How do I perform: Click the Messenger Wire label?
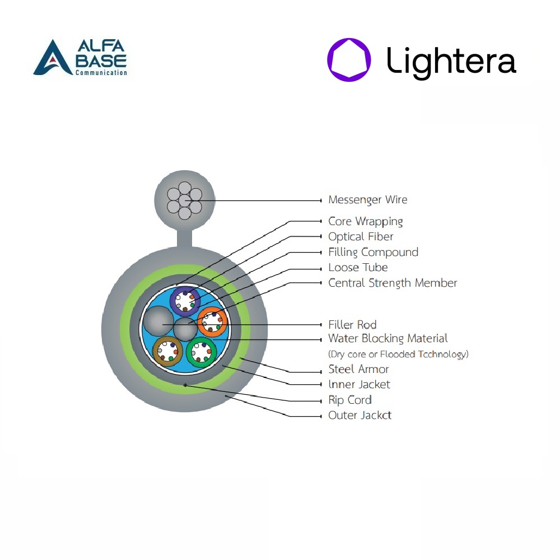(x=367, y=200)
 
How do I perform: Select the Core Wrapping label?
(x=365, y=221)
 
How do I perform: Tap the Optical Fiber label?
(x=361, y=236)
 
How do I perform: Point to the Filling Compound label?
(x=373, y=252)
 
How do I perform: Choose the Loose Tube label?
(x=358, y=267)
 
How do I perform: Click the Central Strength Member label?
(x=393, y=283)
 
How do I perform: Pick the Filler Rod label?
(x=352, y=325)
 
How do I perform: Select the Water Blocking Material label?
(x=388, y=338)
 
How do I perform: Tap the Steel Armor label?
(x=358, y=369)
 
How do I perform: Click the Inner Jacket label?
(x=360, y=384)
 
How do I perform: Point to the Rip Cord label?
(x=350, y=400)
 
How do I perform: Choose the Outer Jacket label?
(x=360, y=415)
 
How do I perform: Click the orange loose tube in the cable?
(x=212, y=322)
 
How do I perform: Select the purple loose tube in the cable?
(x=185, y=301)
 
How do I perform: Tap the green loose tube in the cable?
(x=202, y=352)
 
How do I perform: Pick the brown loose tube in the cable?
(x=167, y=351)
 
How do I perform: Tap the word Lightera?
(x=451, y=61)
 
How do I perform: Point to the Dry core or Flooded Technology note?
(x=398, y=354)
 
